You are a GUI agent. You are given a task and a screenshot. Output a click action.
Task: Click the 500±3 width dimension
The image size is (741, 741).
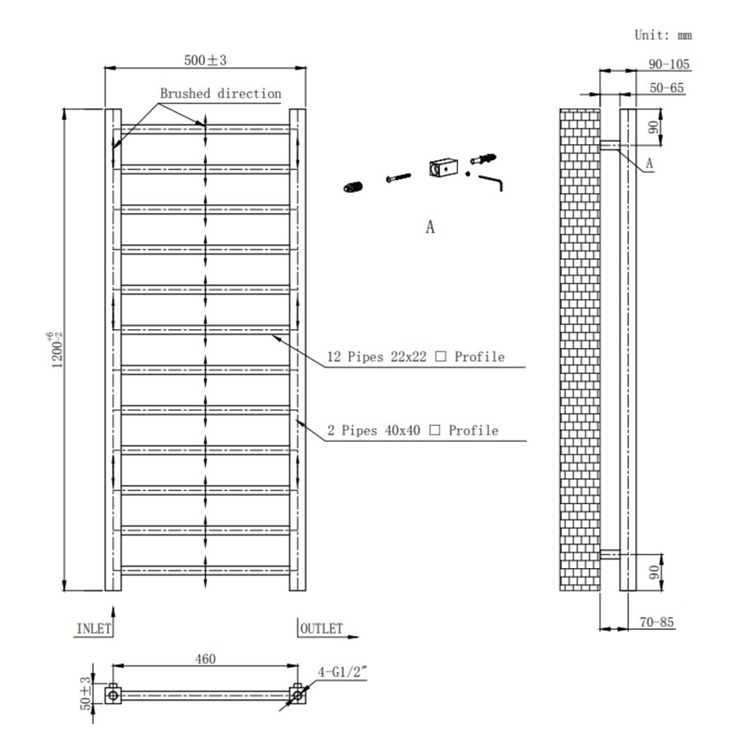pos(205,60)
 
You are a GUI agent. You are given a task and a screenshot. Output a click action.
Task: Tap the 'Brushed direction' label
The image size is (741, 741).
pos(220,94)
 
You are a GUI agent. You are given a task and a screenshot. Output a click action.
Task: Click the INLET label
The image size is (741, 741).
pos(93,628)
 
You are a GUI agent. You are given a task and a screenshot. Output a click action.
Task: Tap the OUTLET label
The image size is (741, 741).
pos(321,628)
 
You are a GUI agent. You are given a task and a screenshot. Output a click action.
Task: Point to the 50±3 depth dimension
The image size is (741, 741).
pos(85,693)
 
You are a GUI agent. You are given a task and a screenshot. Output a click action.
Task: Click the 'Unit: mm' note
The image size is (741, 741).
pos(663,35)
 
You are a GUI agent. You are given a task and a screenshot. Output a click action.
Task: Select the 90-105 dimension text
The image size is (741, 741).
pos(669,64)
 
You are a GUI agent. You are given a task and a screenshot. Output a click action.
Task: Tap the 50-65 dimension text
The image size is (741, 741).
pos(666,87)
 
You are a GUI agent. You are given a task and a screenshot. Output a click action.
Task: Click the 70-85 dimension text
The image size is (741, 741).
pos(656,622)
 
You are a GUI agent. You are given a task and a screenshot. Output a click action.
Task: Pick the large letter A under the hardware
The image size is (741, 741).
pos(429,227)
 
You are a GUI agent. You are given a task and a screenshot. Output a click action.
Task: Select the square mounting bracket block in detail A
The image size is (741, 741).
pos(441,168)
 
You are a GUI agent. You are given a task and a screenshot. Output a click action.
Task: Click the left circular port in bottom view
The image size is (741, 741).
pos(113,695)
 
